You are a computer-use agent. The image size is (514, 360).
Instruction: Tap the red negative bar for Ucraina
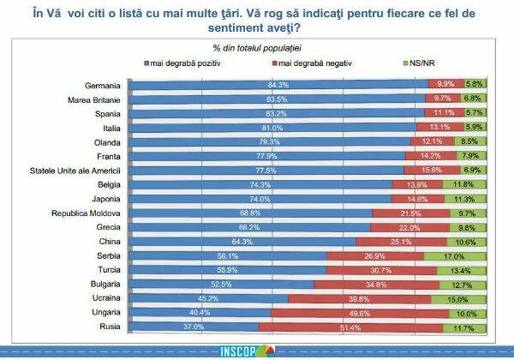click(x=360, y=298)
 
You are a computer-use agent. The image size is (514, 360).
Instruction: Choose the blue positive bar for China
click(x=242, y=242)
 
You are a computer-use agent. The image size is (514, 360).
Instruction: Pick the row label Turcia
click(x=105, y=270)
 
